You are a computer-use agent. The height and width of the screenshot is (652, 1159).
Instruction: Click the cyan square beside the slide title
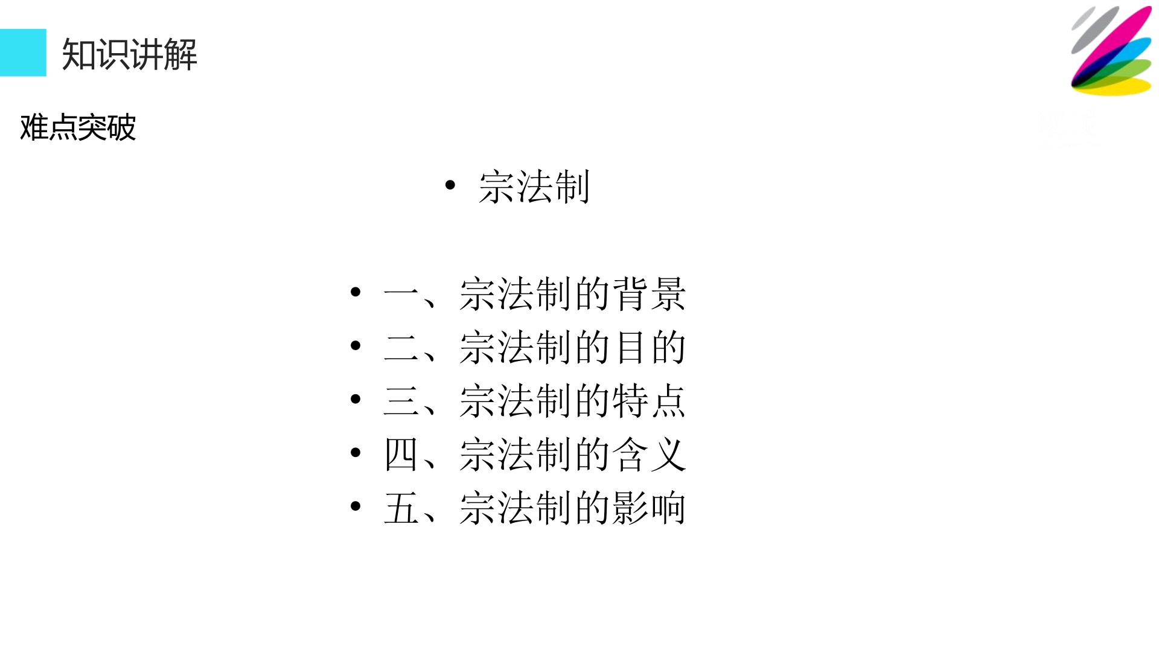click(x=23, y=53)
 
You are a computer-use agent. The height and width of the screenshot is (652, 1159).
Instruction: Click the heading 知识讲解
click(x=130, y=54)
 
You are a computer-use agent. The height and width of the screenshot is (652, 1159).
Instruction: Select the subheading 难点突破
click(x=78, y=127)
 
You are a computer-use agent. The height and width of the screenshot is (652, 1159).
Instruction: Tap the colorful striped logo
click(x=1111, y=51)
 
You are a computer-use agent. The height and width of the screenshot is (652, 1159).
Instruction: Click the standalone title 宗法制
click(x=534, y=187)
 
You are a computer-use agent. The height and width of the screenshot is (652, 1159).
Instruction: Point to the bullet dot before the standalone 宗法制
click(x=450, y=185)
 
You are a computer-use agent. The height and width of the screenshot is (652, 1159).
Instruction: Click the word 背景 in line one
click(x=650, y=294)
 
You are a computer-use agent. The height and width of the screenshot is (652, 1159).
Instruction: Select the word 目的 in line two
click(x=650, y=347)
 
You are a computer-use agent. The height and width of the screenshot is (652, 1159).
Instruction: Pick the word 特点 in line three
click(x=650, y=401)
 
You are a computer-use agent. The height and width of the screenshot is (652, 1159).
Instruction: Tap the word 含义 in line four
click(x=650, y=454)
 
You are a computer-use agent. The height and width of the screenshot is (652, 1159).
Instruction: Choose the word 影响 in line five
click(x=650, y=508)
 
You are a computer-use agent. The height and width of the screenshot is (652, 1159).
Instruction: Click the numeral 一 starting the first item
click(x=401, y=295)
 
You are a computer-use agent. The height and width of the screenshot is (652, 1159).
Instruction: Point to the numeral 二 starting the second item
click(x=401, y=348)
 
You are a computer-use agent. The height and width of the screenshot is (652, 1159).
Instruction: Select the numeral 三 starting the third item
click(x=401, y=401)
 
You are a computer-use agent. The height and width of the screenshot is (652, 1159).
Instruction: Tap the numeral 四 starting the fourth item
click(x=401, y=455)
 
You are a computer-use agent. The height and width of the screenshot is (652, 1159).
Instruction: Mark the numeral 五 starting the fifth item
click(x=401, y=508)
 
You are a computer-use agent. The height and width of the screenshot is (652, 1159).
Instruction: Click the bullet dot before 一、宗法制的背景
click(x=356, y=292)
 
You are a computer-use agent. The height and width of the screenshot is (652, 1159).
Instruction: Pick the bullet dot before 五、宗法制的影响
click(x=356, y=506)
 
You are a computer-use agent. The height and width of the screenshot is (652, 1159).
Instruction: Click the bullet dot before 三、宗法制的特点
click(x=356, y=399)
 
